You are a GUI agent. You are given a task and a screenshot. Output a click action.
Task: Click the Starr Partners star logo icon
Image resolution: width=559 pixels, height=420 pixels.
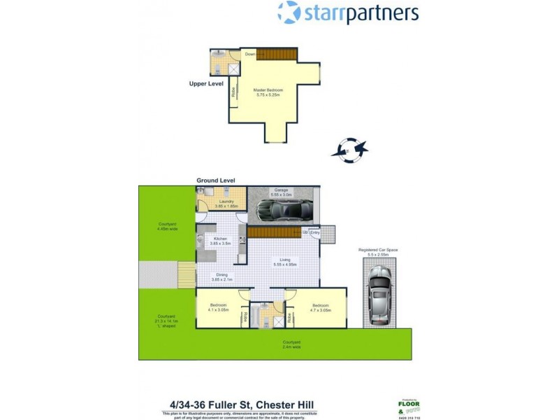(x=289, y=13)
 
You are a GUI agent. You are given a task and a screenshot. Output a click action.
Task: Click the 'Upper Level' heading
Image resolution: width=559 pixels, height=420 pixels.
(x=206, y=84)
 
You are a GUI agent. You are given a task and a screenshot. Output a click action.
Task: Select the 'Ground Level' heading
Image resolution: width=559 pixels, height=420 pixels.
(x=216, y=181)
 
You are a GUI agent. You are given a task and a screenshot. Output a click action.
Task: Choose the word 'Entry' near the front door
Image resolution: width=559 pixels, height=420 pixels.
(x=314, y=232)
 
